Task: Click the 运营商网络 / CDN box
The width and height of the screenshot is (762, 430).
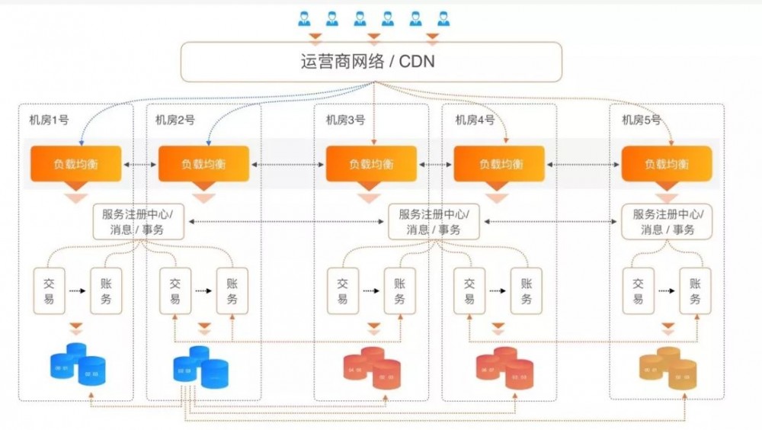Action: click(x=371, y=61)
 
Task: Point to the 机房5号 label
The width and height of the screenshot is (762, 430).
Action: click(x=641, y=120)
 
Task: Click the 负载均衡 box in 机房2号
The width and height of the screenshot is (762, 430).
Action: click(x=203, y=164)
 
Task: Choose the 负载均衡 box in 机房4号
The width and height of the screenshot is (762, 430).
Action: click(x=499, y=164)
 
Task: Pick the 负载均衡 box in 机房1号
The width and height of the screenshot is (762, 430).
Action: click(x=75, y=164)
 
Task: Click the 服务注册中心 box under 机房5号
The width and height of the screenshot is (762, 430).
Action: click(x=668, y=221)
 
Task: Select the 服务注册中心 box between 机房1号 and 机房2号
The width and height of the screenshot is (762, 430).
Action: click(x=139, y=221)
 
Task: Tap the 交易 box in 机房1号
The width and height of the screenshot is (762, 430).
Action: click(x=49, y=290)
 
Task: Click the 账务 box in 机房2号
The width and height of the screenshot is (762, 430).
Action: click(x=232, y=290)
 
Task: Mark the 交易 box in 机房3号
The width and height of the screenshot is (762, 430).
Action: click(x=343, y=290)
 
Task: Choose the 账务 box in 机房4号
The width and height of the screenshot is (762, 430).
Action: click(x=527, y=290)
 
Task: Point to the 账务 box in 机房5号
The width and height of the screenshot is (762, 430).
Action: click(x=695, y=290)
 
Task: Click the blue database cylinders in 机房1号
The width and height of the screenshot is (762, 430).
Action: click(x=76, y=364)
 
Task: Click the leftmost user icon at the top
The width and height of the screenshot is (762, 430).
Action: click(x=304, y=19)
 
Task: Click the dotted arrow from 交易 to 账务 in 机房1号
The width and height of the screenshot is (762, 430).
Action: click(x=77, y=290)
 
